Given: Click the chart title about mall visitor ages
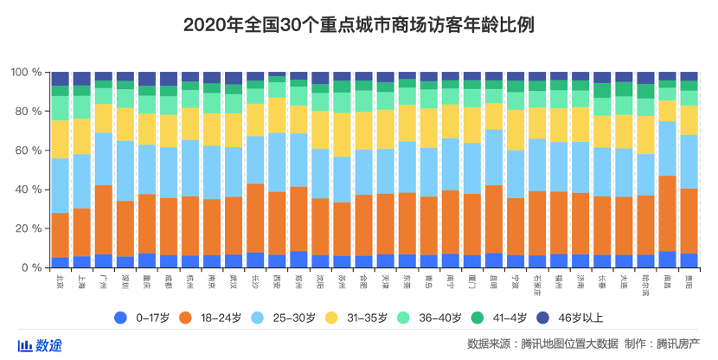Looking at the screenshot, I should [x=359, y=24].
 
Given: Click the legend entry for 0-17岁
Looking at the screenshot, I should [x=145, y=318].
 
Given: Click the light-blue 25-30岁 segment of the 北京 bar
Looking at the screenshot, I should [x=61, y=185].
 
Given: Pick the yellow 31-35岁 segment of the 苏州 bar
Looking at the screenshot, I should [x=342, y=134].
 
